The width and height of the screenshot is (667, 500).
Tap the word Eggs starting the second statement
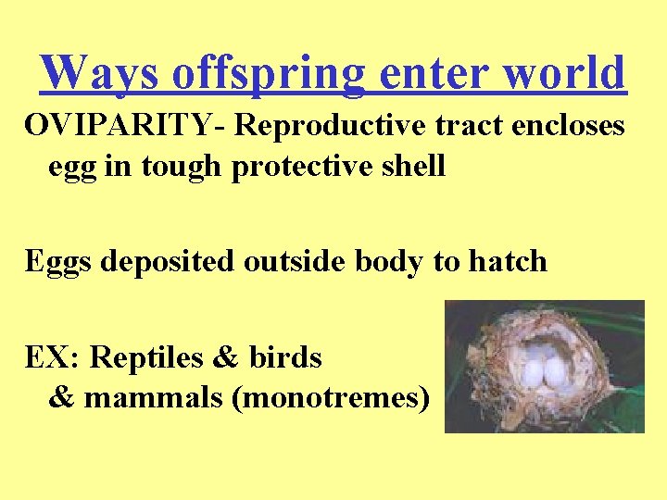[57, 261]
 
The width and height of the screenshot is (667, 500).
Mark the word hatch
[508, 261]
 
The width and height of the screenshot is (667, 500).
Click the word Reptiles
[147, 356]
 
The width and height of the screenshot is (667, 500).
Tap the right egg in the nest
[556, 371]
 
